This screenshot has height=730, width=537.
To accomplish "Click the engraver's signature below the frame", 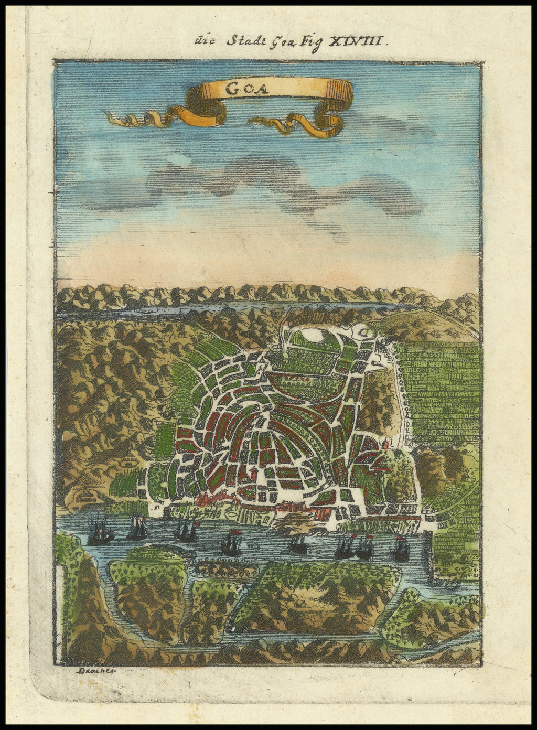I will (x=94, y=671).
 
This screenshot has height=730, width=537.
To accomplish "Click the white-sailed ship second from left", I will (x=136, y=529).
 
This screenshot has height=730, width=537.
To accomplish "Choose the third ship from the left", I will (x=186, y=532).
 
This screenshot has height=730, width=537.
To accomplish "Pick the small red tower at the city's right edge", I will (x=386, y=446).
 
